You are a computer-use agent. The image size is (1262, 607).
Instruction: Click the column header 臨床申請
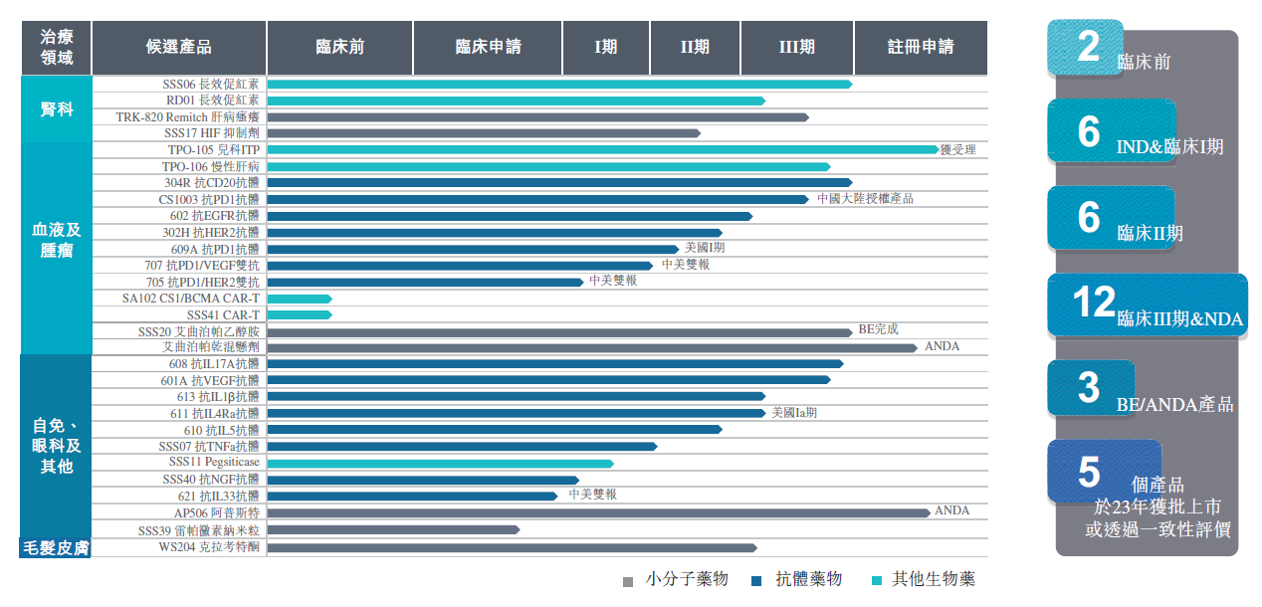click(x=488, y=47)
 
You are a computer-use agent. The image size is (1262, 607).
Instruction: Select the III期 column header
click(x=796, y=47)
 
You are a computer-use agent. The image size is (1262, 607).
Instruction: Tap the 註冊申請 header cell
click(x=921, y=47)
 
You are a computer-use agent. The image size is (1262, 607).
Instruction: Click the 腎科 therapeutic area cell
click(x=57, y=109)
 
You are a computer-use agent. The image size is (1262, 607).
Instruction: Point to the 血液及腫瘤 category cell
click(x=57, y=240)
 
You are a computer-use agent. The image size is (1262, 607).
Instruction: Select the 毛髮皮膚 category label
click(x=56, y=548)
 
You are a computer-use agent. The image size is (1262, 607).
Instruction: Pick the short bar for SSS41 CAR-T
click(x=299, y=315)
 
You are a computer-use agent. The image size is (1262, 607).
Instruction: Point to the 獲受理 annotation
click(x=958, y=149)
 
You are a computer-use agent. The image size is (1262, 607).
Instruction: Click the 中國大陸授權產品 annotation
click(x=865, y=199)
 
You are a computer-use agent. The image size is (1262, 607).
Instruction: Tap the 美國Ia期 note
click(x=794, y=413)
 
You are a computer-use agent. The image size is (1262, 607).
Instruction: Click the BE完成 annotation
click(x=878, y=329)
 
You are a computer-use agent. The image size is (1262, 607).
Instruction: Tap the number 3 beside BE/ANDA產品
click(x=1088, y=388)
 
